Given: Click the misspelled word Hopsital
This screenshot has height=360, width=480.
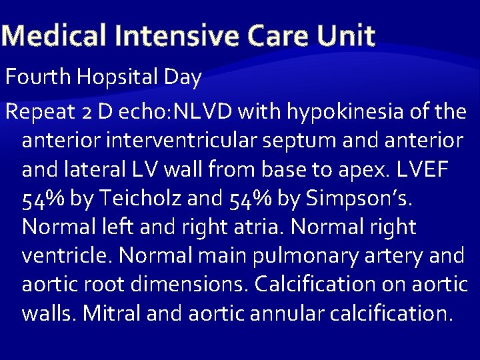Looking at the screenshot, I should point(117,78).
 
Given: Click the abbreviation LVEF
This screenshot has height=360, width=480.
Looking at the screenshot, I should point(419,169).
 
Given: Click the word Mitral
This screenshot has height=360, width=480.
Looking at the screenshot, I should point(112,313).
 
